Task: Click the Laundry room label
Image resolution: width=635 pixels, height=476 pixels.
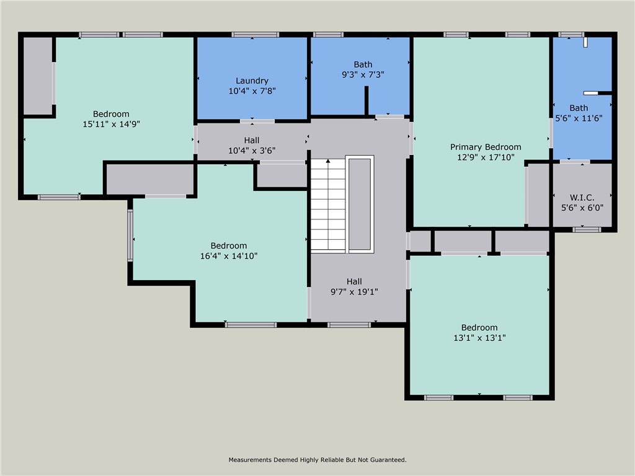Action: tap(252, 81)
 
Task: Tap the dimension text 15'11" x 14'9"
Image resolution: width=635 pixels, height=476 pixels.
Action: tap(111, 123)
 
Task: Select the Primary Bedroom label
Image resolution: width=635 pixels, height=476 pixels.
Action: tap(486, 147)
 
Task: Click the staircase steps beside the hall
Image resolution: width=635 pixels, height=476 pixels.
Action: tap(327, 205)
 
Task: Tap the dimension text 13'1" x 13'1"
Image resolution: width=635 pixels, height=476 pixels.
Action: tap(479, 338)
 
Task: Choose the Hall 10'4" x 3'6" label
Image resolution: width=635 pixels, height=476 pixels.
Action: tap(252, 140)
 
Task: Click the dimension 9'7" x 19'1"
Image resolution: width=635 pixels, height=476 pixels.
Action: tap(354, 291)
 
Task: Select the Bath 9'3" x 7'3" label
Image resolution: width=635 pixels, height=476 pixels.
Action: tap(363, 64)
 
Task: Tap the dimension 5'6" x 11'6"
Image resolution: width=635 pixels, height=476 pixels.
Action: tap(579, 118)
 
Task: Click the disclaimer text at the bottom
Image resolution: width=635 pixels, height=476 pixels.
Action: tap(317, 460)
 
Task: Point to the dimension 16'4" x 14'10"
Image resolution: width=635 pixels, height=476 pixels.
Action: tap(228, 255)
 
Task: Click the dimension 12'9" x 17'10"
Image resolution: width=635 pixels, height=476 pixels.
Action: tap(486, 157)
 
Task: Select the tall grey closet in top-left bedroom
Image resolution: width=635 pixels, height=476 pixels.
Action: tap(37, 76)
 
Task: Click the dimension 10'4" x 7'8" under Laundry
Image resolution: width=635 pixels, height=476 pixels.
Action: tap(252, 90)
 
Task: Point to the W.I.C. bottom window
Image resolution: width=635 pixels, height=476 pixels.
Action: tap(587, 230)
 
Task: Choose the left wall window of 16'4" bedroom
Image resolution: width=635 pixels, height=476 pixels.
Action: tap(130, 235)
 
